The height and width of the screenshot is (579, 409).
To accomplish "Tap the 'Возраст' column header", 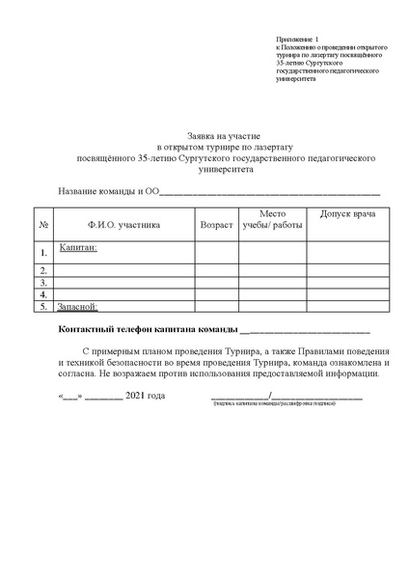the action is pyautogui.click(x=215, y=224).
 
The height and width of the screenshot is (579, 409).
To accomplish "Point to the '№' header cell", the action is pyautogui.click(x=43, y=224).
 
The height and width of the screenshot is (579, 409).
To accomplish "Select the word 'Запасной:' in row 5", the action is pyautogui.click(x=79, y=306).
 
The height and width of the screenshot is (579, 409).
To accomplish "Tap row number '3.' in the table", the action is pyautogui.click(x=43, y=283).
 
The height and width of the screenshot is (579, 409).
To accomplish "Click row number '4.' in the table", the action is pyautogui.click(x=43, y=294).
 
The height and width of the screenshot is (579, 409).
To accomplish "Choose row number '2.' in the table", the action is pyautogui.click(x=43, y=270).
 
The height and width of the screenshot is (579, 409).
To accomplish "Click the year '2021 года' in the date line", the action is pyautogui.click(x=146, y=396).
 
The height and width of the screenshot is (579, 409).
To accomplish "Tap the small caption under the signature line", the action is pyautogui.click(x=274, y=402).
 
